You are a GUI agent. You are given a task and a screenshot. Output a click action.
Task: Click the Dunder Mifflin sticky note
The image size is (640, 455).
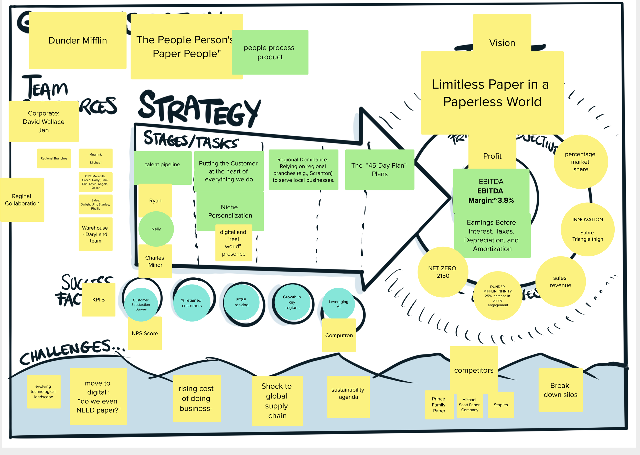(78, 41)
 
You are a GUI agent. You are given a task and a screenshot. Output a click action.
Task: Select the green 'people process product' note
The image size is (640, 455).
(270, 52)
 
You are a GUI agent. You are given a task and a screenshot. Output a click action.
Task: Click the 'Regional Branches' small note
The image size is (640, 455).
(54, 158)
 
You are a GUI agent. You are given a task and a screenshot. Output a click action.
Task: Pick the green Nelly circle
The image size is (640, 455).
(156, 229)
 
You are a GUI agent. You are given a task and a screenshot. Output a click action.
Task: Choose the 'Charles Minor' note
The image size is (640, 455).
(155, 261)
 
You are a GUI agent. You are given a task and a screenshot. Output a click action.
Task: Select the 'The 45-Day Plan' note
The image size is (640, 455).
(379, 170)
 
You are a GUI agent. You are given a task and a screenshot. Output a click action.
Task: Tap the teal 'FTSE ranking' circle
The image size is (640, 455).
(241, 302)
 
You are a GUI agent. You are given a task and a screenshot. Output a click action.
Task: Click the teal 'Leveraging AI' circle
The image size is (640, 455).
(338, 304)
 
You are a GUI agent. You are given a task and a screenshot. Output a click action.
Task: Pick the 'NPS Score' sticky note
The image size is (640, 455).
(145, 334)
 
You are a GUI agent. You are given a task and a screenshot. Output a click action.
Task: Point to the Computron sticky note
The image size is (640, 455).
(339, 335)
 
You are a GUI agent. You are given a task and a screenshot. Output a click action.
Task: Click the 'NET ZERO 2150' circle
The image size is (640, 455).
(442, 272)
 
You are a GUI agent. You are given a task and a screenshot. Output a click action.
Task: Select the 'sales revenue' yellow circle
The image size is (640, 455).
(560, 281)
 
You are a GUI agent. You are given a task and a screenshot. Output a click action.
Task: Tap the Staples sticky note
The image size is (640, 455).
(501, 405)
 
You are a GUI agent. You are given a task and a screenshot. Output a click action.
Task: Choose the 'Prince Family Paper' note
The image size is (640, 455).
(439, 405)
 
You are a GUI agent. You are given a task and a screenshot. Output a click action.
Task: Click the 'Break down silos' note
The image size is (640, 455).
(560, 390)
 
